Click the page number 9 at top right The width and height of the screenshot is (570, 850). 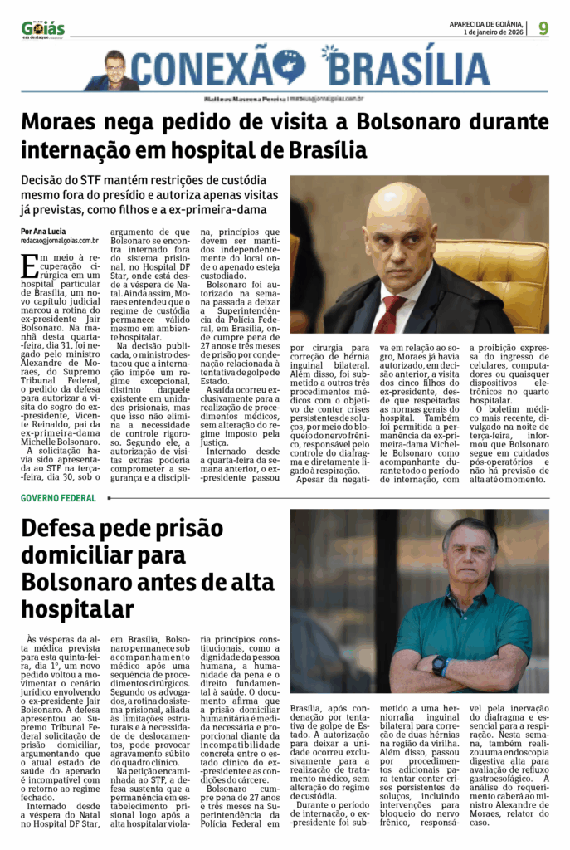pyautogui.click(x=543, y=27)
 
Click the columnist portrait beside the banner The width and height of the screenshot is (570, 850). pyautogui.click(x=114, y=71)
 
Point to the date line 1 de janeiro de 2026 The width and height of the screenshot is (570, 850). pyautogui.click(x=494, y=32)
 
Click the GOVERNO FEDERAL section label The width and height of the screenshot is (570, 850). pyautogui.click(x=58, y=498)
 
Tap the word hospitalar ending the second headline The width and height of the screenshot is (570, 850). pyautogui.click(x=77, y=608)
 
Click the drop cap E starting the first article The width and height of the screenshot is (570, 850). pyautogui.click(x=29, y=266)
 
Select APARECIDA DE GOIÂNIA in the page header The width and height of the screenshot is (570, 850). pyautogui.click(x=485, y=23)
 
